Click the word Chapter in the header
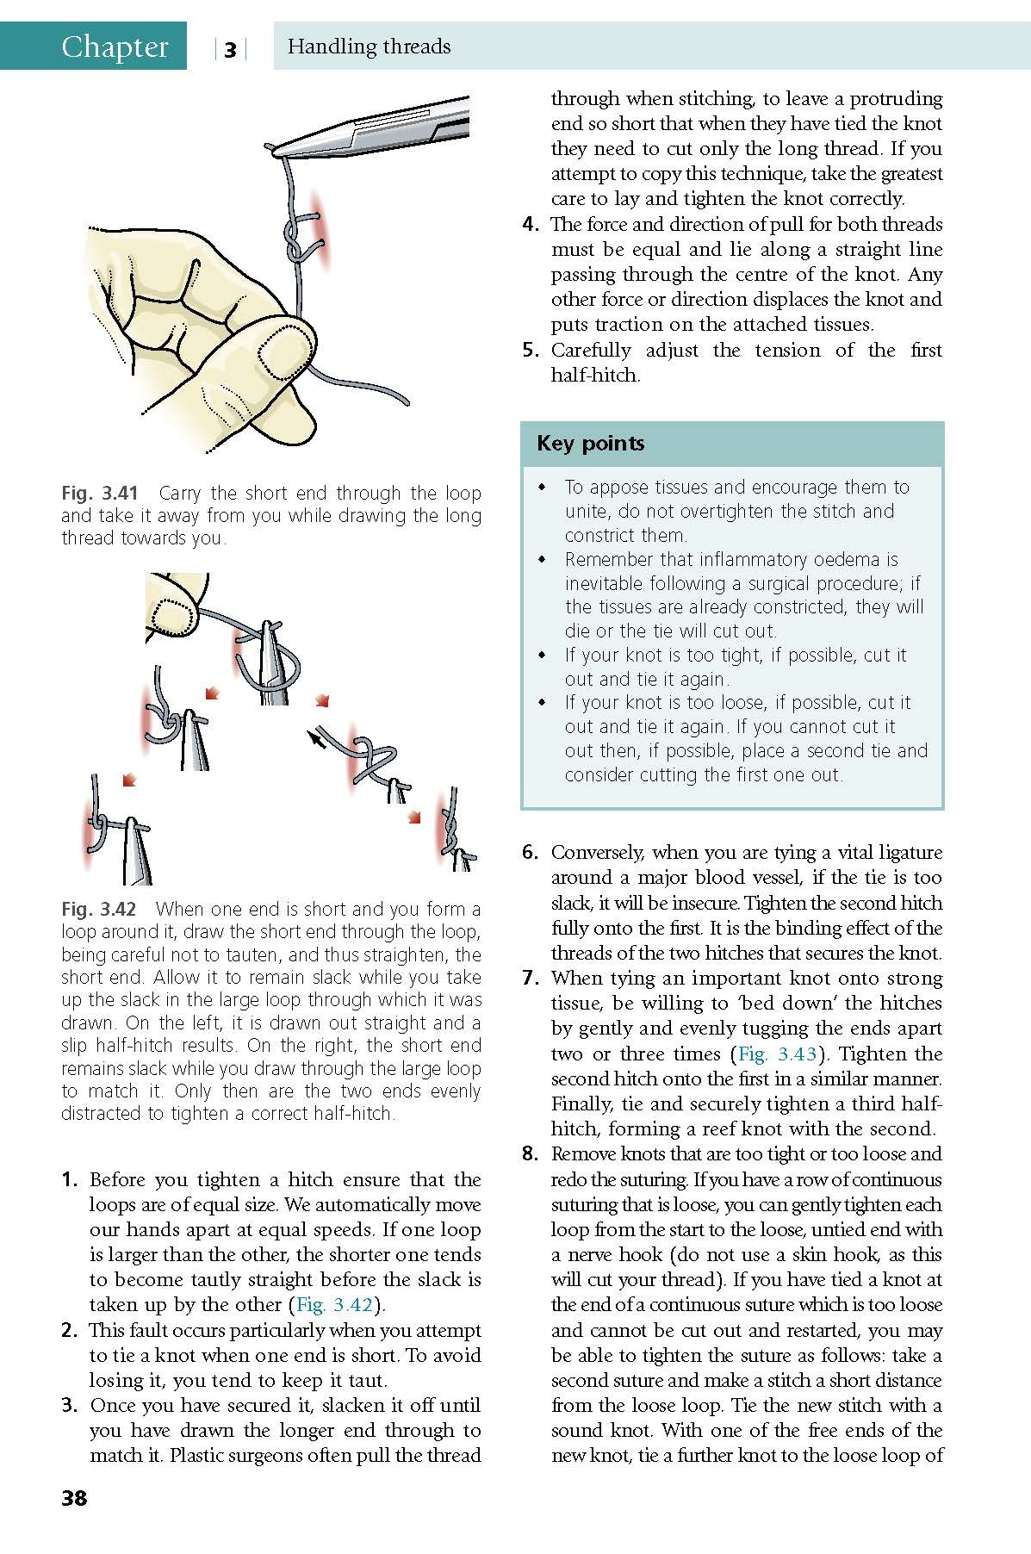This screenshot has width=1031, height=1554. click(115, 47)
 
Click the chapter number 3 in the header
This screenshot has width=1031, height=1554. click(230, 50)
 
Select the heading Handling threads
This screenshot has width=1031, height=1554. click(369, 47)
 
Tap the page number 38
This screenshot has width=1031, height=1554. click(74, 1498)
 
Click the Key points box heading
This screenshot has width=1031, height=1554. click(590, 444)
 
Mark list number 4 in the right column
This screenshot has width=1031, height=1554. click(531, 225)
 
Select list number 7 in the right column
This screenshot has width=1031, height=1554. click(531, 979)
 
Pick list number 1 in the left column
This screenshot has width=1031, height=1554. click(70, 1180)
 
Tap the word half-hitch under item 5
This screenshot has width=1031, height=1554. click(595, 376)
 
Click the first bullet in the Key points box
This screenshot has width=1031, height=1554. click(542, 488)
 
